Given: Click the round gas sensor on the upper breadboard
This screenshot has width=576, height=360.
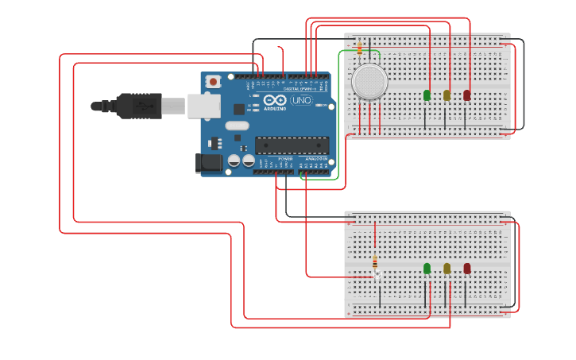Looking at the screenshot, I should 369,82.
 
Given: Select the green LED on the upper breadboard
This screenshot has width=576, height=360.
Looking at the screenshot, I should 427,95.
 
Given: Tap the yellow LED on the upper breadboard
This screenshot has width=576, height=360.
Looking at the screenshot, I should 447,95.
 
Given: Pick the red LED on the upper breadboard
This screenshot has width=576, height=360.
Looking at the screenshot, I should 467,95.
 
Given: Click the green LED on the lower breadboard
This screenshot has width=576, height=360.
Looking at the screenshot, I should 427,269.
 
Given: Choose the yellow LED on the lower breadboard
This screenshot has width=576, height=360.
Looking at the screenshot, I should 447,269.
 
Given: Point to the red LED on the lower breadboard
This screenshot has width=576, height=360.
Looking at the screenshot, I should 467,269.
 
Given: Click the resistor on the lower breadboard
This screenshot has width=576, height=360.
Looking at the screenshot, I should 375,261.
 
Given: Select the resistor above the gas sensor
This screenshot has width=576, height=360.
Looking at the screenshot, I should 360,49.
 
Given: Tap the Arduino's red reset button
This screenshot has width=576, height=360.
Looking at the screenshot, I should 213,81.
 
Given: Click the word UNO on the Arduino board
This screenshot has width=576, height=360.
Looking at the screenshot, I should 301,101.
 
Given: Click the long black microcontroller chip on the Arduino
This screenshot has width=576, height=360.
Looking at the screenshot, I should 292,145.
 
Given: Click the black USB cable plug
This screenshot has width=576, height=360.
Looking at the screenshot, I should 139,106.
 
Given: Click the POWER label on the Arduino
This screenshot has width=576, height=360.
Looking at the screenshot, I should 285,159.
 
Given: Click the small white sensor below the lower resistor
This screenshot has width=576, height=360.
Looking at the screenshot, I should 378,275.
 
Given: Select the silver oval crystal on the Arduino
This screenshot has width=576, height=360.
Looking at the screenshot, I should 237,125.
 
